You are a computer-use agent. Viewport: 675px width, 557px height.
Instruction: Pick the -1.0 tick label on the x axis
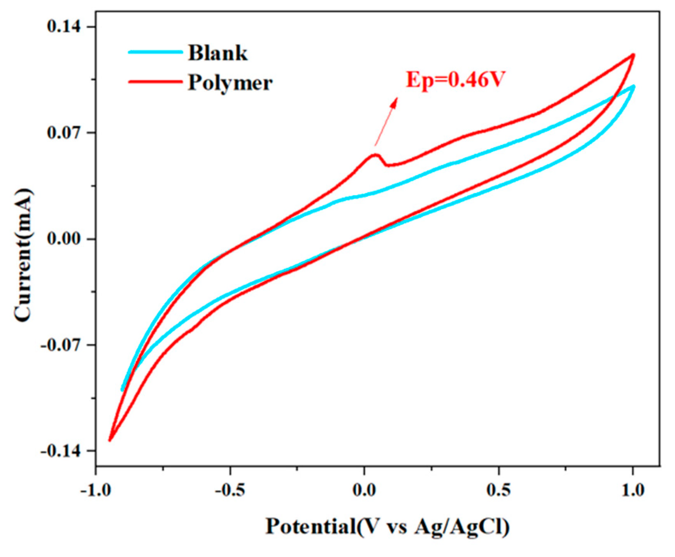95,490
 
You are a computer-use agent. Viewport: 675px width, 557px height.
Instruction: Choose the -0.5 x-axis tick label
230,490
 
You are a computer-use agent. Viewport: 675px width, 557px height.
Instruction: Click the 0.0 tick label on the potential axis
364,490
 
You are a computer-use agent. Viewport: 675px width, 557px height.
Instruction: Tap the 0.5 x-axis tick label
498,490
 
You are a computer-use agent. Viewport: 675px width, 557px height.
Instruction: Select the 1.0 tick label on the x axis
633,490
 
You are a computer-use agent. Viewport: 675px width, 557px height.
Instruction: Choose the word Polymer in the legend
230,83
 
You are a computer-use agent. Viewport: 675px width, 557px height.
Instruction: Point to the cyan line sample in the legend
155,52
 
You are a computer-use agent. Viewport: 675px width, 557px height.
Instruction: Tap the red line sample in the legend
155,82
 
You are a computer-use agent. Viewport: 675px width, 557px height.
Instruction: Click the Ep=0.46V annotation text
455,80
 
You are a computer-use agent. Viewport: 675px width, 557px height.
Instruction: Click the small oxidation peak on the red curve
375,155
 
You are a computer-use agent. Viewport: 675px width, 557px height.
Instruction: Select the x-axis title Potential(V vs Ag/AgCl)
387,527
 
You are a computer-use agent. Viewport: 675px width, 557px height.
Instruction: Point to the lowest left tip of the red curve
109,440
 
